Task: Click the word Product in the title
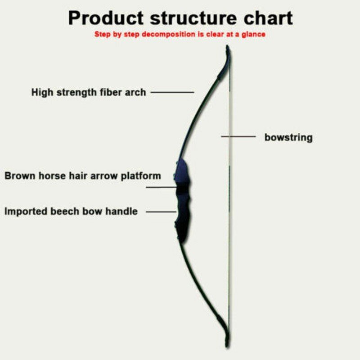click(105, 18)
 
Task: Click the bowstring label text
click(288, 137)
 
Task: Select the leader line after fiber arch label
click(172, 92)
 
